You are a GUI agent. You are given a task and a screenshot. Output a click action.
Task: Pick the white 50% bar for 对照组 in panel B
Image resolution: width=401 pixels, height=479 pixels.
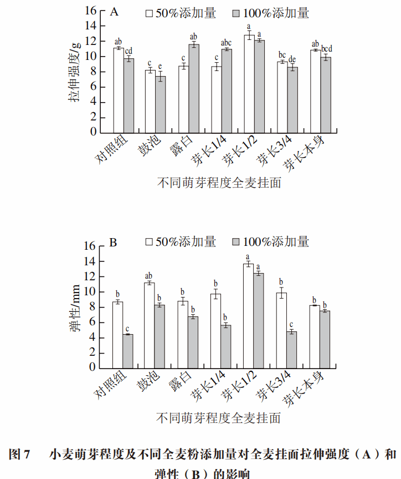117,335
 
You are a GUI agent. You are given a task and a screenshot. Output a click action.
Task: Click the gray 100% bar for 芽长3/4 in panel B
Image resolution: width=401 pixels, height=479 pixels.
291,351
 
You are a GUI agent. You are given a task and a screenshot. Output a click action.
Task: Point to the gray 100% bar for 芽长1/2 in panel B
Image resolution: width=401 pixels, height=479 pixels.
259,321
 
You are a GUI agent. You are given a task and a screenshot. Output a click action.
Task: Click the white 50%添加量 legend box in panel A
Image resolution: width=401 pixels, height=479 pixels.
149,13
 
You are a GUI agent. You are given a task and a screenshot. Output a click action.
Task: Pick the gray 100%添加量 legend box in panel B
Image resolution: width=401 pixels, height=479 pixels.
236,242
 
